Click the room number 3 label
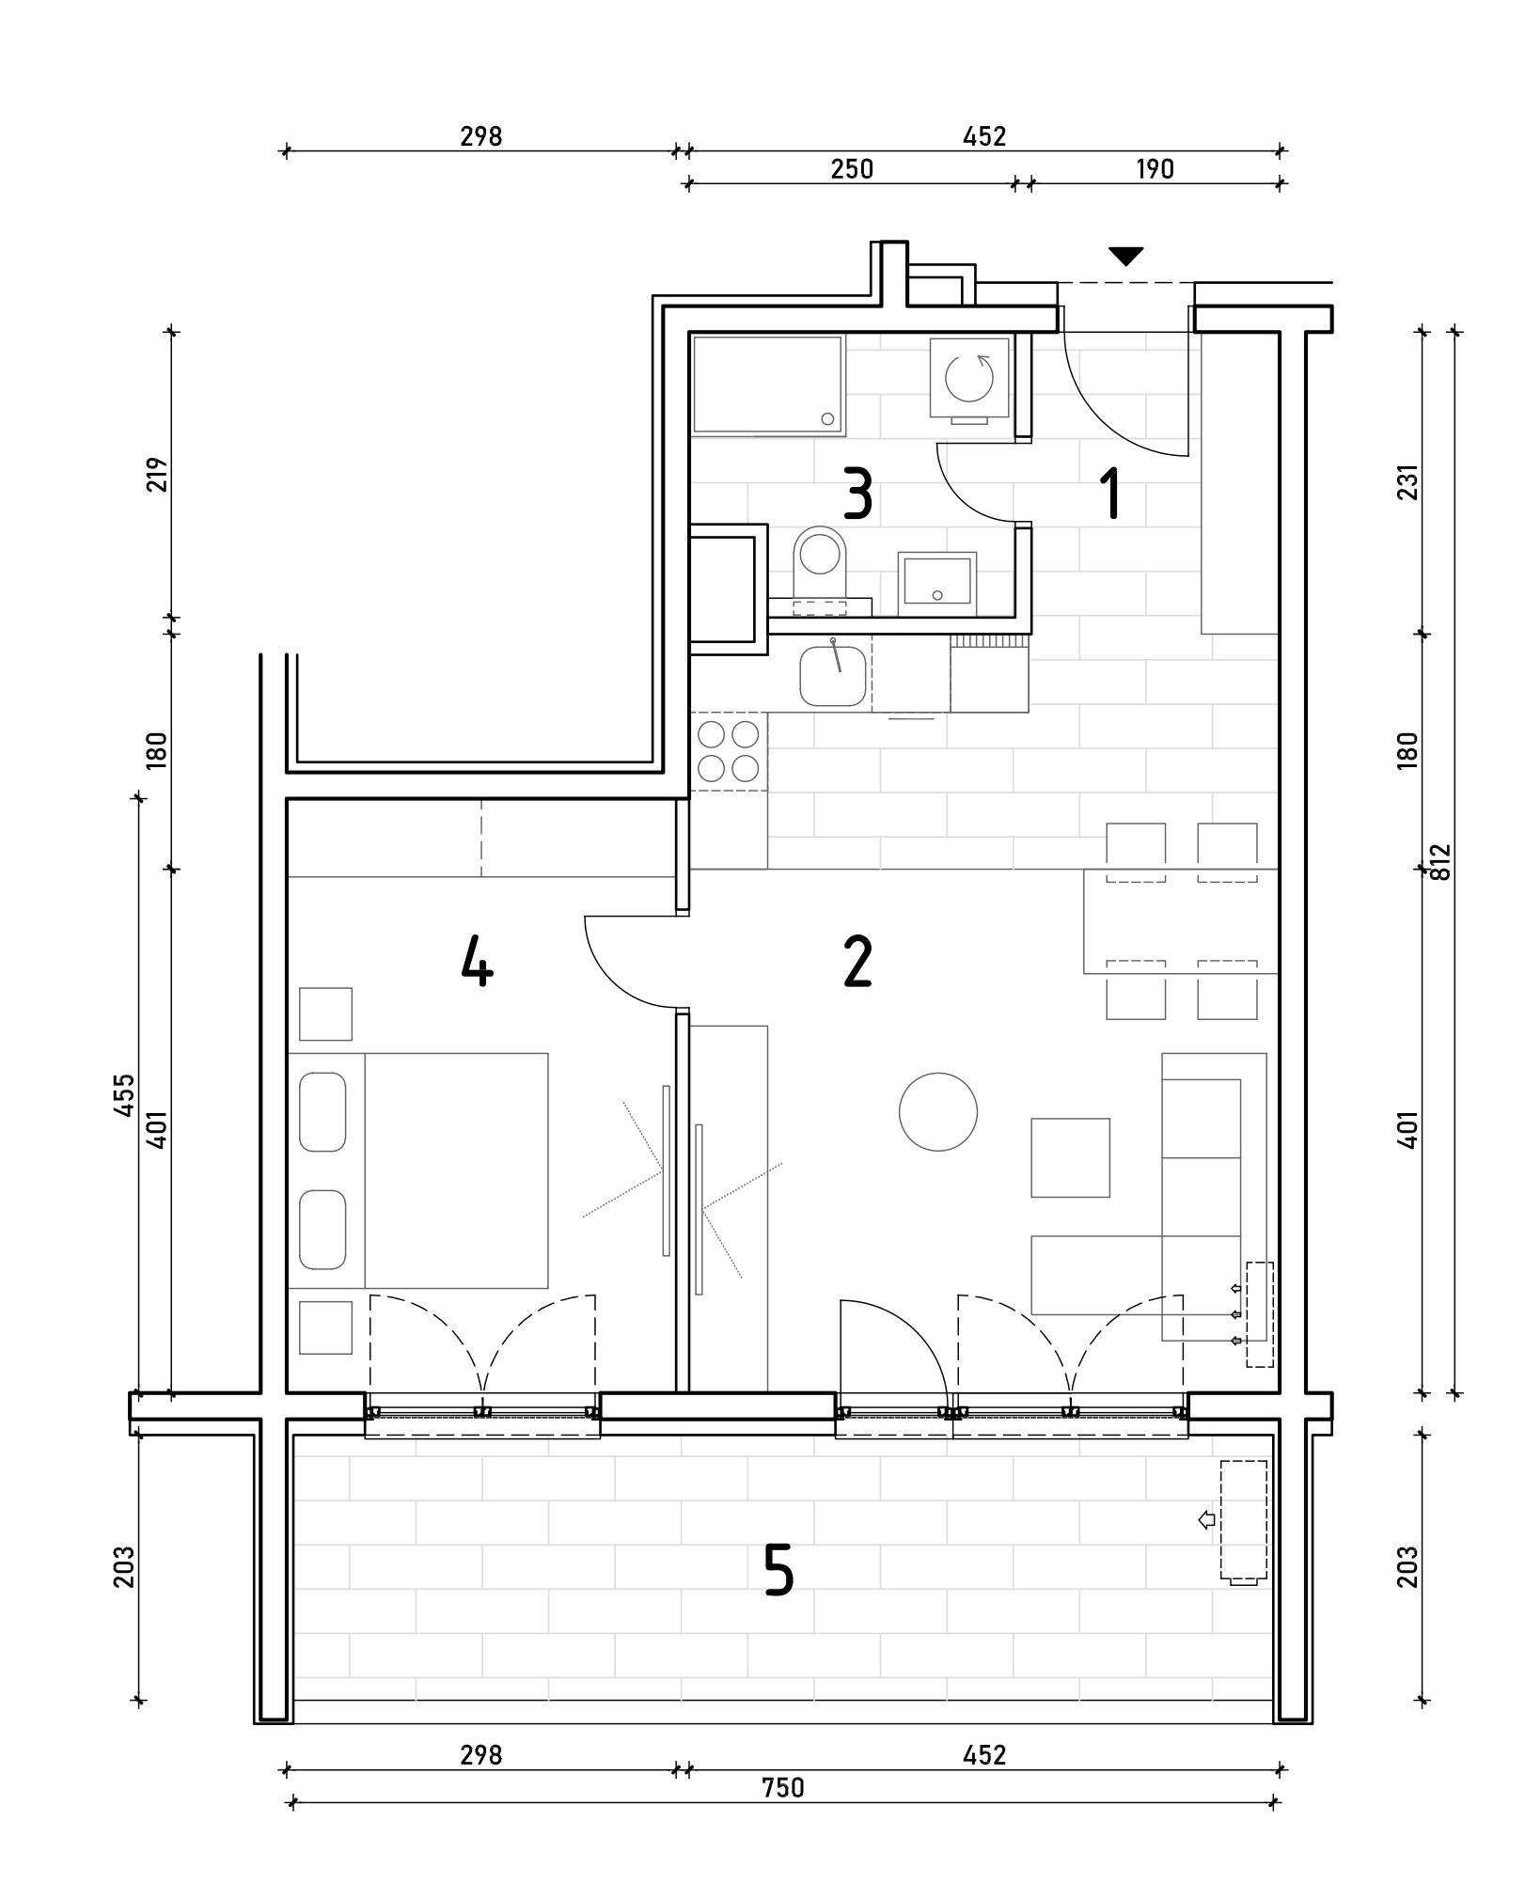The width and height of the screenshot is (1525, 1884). click(x=857, y=495)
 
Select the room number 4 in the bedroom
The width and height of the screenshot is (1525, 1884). click(x=478, y=963)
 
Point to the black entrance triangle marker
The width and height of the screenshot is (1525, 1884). click(x=1125, y=256)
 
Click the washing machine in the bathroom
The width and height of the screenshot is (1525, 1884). click(x=969, y=379)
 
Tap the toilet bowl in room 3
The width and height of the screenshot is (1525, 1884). click(x=818, y=561)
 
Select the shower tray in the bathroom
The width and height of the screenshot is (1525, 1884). click(x=768, y=385)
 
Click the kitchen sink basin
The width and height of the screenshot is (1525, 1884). click(x=833, y=675)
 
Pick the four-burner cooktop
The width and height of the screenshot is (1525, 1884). click(x=729, y=751)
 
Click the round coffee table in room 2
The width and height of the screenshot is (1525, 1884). click(x=937, y=1112)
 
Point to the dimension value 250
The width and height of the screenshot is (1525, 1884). click(x=852, y=169)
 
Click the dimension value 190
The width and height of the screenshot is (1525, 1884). click(x=1156, y=169)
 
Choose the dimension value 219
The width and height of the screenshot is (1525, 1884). click(x=157, y=475)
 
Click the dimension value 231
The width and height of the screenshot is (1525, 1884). click(x=1407, y=482)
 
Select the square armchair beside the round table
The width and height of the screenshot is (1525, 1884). click(x=1070, y=1157)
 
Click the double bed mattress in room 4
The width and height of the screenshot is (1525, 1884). click(x=456, y=1170)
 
